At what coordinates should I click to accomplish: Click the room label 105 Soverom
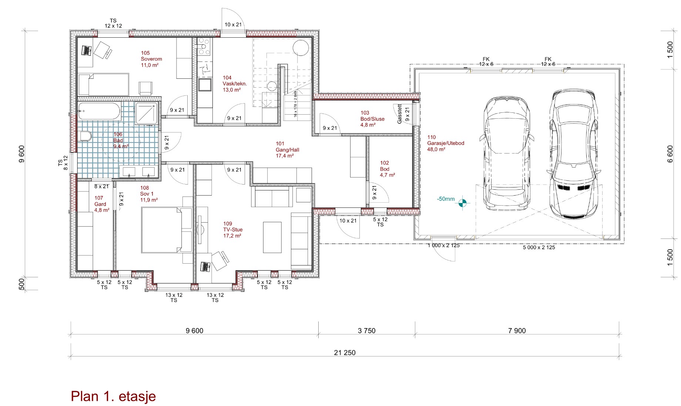point(151,59)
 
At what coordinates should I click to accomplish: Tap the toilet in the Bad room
point(85,136)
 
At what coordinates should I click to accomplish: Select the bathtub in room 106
point(99,111)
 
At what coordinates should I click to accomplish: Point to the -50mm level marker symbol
point(462,203)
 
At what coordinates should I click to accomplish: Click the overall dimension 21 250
point(345,353)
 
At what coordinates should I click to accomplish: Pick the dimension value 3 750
point(366,331)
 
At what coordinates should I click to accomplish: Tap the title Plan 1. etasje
point(113,396)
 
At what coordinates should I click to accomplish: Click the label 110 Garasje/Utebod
point(446,143)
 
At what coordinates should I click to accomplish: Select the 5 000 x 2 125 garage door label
point(539,247)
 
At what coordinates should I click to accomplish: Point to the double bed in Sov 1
point(167,230)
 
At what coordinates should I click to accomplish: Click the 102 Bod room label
point(388,169)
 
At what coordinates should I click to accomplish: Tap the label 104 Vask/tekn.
point(235,84)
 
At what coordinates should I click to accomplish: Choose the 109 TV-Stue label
point(233,230)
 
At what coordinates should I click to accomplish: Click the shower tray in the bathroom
point(147,113)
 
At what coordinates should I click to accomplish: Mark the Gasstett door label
point(400,114)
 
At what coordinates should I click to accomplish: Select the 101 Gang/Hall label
point(287,150)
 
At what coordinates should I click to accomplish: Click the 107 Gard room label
point(102,204)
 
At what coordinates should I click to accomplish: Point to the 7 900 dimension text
point(517,331)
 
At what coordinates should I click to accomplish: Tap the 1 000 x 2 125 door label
point(443,246)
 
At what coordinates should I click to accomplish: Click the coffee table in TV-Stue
point(272,237)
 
